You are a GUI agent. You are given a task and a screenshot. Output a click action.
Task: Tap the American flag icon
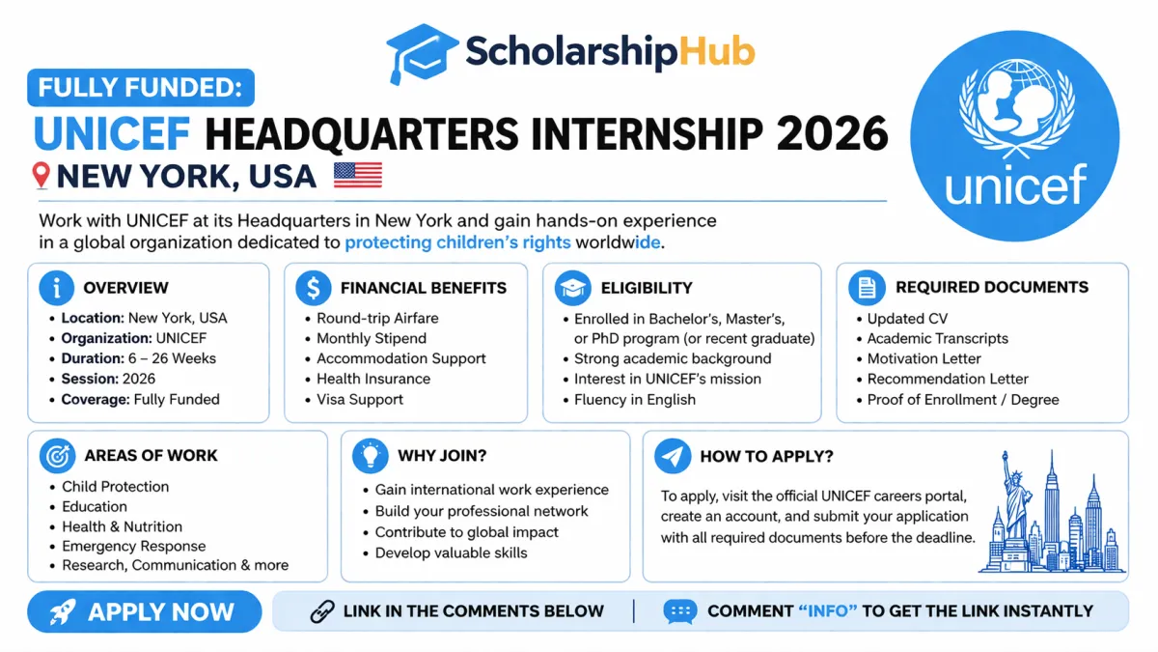(x=357, y=175)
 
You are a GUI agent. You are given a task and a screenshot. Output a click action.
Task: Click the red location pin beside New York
(x=41, y=176)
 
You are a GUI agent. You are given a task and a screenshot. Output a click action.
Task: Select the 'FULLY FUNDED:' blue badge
(x=141, y=89)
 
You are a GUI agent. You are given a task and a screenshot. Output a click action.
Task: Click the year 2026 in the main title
(x=832, y=134)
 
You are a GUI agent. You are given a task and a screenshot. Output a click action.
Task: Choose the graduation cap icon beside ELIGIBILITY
(x=573, y=288)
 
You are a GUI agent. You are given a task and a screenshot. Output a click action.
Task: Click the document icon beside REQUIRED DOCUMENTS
(x=867, y=288)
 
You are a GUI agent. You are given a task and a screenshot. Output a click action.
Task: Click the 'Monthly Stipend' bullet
(x=372, y=338)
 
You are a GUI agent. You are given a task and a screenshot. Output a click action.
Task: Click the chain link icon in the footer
(x=322, y=611)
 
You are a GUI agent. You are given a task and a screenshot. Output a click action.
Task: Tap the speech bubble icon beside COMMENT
(x=679, y=611)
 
